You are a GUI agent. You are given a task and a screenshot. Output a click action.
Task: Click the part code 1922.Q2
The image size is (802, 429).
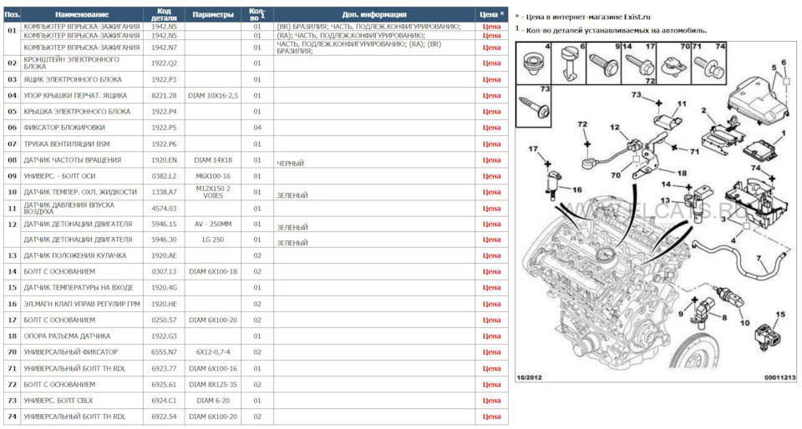click(164, 63)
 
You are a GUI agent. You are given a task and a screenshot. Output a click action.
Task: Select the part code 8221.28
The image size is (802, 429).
click(164, 95)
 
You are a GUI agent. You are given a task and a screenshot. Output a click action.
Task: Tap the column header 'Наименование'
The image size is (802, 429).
click(81, 15)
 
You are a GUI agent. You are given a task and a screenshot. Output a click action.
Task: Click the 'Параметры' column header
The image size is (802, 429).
click(213, 15)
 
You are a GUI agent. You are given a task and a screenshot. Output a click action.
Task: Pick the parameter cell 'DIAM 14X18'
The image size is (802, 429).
click(213, 159)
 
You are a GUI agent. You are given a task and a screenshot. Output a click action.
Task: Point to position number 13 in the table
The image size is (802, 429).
click(12, 255)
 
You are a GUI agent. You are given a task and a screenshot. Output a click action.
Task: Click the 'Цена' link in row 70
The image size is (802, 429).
click(491, 352)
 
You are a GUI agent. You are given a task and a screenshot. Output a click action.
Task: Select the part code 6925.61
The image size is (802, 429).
click(164, 385)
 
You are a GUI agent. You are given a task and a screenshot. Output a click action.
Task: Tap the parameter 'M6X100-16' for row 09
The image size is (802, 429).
click(213, 176)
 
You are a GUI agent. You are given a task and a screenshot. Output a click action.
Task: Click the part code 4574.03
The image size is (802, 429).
click(164, 208)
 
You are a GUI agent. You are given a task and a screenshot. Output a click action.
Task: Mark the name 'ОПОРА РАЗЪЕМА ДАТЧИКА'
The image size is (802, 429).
click(67, 336)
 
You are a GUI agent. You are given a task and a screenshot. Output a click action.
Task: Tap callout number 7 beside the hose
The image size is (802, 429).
click(759, 259)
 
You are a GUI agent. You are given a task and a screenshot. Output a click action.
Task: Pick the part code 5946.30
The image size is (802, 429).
click(164, 240)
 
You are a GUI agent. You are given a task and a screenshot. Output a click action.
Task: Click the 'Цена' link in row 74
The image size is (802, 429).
click(491, 416)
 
